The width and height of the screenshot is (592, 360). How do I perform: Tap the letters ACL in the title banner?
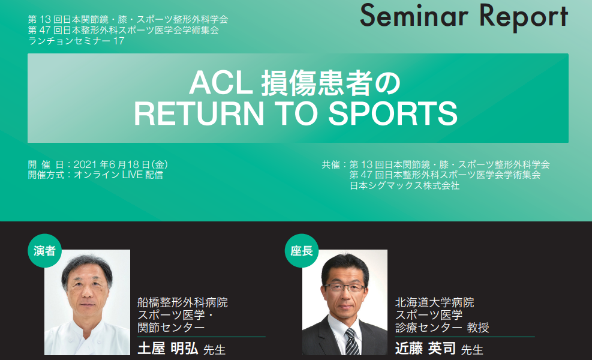(x=221, y=83)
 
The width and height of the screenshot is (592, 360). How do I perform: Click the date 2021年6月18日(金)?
(x=121, y=165)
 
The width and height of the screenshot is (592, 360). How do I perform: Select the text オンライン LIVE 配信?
(x=119, y=175)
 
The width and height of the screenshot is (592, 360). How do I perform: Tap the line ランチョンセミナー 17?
(x=76, y=41)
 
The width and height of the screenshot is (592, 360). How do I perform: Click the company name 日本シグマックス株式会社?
(x=405, y=186)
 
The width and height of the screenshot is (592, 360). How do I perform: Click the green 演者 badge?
(x=44, y=251)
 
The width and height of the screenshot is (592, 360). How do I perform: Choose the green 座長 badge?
(x=302, y=251)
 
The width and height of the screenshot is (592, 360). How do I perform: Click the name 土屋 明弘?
(x=168, y=348)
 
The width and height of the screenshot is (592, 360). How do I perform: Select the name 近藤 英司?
(x=425, y=348)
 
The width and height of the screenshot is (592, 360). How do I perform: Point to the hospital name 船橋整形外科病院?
(x=183, y=302)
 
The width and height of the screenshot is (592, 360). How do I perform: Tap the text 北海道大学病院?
(x=435, y=302)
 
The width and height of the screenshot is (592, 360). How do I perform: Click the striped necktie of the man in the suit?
(x=352, y=341)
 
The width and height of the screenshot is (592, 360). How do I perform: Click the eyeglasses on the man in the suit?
(x=345, y=288)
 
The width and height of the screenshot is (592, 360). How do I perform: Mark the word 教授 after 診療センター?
(x=478, y=327)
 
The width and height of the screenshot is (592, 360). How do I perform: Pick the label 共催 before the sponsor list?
(x=330, y=165)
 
